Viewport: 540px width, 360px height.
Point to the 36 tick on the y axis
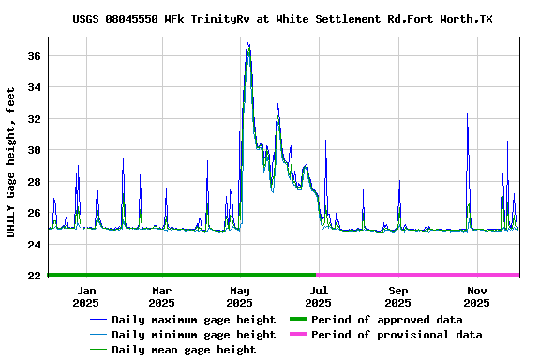pos(33,56)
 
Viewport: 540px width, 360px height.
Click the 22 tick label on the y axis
pos(33,276)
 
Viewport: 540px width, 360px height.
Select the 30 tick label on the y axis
pos(33,150)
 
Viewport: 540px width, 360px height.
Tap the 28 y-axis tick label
pos(33,182)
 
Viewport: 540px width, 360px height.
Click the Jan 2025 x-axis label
pos(85,296)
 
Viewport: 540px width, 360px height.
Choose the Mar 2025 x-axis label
pos(161,296)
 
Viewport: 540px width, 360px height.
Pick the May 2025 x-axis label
pos(240,296)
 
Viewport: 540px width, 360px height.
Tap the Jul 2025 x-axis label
pos(318,296)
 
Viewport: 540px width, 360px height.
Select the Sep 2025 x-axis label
pos(397,296)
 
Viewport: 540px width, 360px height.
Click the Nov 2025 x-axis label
pos(476,296)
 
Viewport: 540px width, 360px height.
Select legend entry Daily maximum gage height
pos(193,320)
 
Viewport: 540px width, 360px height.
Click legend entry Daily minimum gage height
pos(193,335)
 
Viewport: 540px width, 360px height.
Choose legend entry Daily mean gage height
pos(183,350)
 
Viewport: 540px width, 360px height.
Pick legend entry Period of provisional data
pos(396,335)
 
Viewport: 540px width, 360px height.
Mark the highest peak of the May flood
pos(247,41)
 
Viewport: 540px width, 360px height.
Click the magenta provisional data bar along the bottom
pos(418,275)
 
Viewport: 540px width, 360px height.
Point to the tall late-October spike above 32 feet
pos(467,113)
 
